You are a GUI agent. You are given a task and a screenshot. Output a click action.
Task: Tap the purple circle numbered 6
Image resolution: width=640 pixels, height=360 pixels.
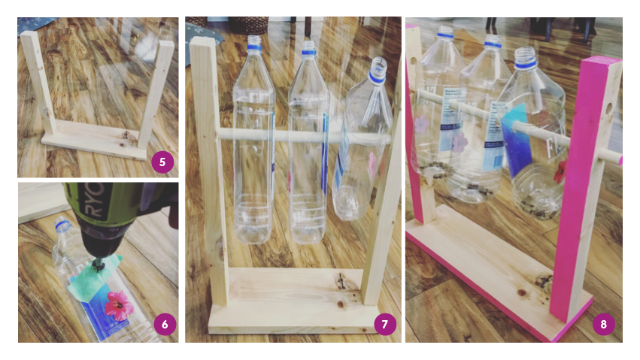[162, 325]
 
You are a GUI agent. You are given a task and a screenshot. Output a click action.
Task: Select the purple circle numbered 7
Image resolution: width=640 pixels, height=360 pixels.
[384, 325]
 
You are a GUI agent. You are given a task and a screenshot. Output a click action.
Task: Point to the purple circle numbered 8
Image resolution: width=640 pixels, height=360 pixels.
[603, 325]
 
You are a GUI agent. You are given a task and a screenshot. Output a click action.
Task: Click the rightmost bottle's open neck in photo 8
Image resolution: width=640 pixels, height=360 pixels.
[526, 56]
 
